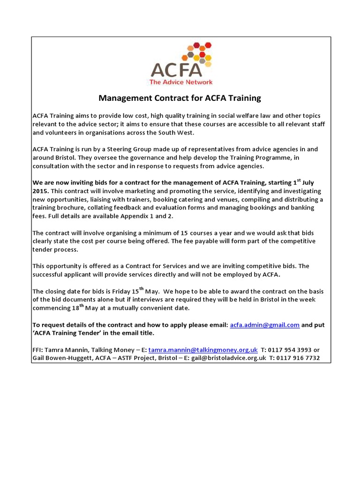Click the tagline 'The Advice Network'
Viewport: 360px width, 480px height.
180,82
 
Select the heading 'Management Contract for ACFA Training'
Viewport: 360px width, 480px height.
180,98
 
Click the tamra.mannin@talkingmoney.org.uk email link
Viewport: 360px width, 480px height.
203,350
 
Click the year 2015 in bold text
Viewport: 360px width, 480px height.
40,191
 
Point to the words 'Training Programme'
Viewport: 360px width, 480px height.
238,157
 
